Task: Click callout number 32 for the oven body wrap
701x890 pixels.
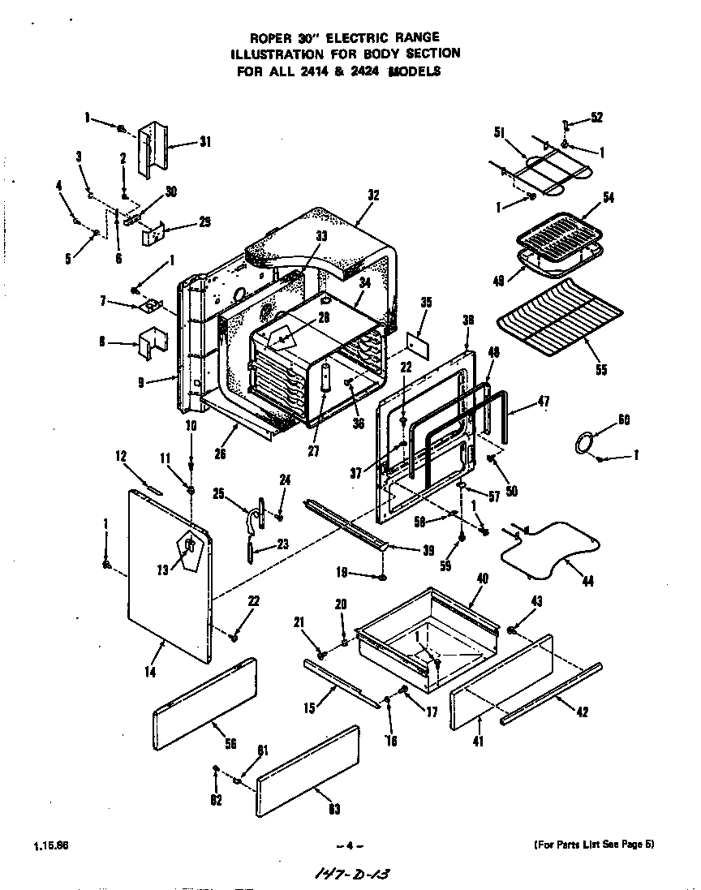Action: (x=373, y=195)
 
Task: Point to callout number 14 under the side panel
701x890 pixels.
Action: (x=151, y=671)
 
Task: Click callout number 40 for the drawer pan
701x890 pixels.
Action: (x=482, y=578)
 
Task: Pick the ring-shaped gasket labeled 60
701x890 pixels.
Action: (x=583, y=443)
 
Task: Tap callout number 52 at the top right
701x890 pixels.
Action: (x=596, y=118)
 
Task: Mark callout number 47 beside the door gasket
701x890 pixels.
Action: (x=544, y=401)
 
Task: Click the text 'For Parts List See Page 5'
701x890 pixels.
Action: (x=594, y=845)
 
